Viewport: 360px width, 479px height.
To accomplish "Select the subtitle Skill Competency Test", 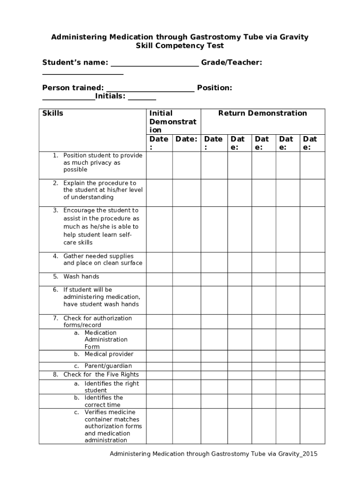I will [x=180, y=45].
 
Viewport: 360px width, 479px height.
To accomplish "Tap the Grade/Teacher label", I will [x=231, y=62].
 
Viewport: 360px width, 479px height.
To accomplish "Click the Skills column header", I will [x=53, y=113].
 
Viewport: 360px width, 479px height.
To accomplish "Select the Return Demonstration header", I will [x=262, y=113].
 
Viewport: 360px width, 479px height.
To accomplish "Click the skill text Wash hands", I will [x=81, y=276].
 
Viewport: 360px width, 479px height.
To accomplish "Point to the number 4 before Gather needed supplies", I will [x=55, y=256].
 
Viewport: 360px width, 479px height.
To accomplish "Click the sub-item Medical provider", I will [x=108, y=354].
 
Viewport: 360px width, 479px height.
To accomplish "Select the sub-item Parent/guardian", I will [x=108, y=366].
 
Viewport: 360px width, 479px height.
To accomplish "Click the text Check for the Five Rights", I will [x=101, y=374].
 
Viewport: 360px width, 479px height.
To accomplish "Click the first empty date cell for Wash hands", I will [x=159, y=279].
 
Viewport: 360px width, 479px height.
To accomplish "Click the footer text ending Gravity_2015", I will [x=213, y=454].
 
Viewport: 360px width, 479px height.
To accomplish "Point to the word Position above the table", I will [x=215, y=87].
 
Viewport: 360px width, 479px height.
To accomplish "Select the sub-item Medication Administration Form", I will [x=106, y=340].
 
